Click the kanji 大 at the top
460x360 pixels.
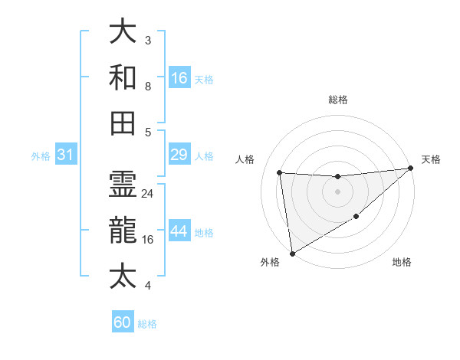(123, 33)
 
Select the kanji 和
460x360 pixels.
(123, 77)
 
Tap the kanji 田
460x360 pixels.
(123, 123)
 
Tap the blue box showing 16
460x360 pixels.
(179, 78)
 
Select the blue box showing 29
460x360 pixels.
(179, 155)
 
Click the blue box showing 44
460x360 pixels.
(179, 231)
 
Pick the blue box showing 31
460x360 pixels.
(66, 155)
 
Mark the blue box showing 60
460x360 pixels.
(123, 322)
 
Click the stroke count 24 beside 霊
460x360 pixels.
(148, 194)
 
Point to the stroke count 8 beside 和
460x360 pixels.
(147, 87)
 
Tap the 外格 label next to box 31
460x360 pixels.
(41, 156)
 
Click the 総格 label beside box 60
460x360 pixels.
(147, 324)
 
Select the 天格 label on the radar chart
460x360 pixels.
(431, 159)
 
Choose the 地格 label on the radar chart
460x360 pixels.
(402, 263)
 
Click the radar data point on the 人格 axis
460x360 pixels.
(280, 172)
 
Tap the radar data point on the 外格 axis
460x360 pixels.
(292, 254)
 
